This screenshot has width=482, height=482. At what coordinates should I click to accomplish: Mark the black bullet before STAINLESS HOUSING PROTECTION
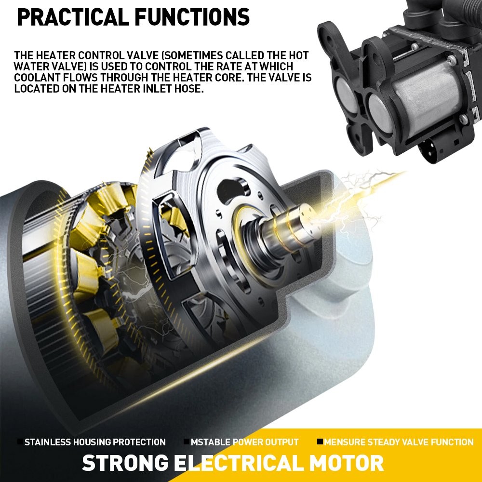click(x=20, y=442)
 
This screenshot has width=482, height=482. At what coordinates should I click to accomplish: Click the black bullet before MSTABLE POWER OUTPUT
click(x=186, y=442)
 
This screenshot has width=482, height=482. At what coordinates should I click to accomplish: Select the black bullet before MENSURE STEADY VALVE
click(x=320, y=442)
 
